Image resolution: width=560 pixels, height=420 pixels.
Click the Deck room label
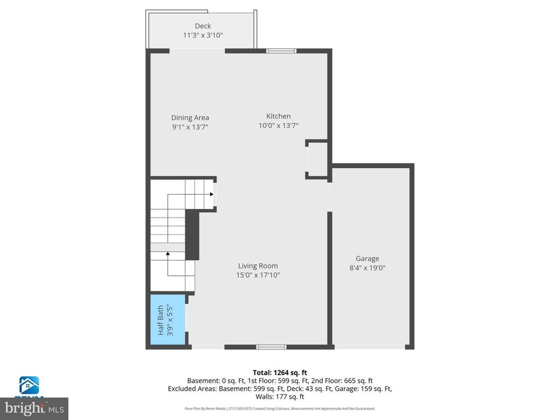coord(203,26)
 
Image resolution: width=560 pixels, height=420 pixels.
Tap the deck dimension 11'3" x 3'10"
coord(203,35)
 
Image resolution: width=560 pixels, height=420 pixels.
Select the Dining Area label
coord(190,118)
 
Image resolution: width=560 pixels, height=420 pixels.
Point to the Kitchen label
coord(278,116)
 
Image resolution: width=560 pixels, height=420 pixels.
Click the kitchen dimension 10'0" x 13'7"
coord(278,125)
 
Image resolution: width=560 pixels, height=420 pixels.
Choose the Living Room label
coord(258,266)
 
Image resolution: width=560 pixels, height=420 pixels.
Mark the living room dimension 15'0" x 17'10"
coord(258,275)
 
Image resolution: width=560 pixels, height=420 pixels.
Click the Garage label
coord(367,259)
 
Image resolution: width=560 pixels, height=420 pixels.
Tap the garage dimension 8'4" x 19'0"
coord(367,268)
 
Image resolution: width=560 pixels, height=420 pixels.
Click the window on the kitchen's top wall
coord(281,51)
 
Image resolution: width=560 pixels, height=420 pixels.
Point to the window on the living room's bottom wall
coord(271,347)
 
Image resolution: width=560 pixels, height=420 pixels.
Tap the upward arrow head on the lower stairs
coord(167,253)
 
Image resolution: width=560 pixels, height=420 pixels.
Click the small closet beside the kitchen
coord(317,159)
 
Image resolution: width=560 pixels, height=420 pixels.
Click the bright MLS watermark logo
coord(34,408)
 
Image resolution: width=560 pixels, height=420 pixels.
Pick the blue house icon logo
coord(29,385)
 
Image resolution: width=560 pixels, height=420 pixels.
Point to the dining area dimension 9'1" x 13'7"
coord(190,127)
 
